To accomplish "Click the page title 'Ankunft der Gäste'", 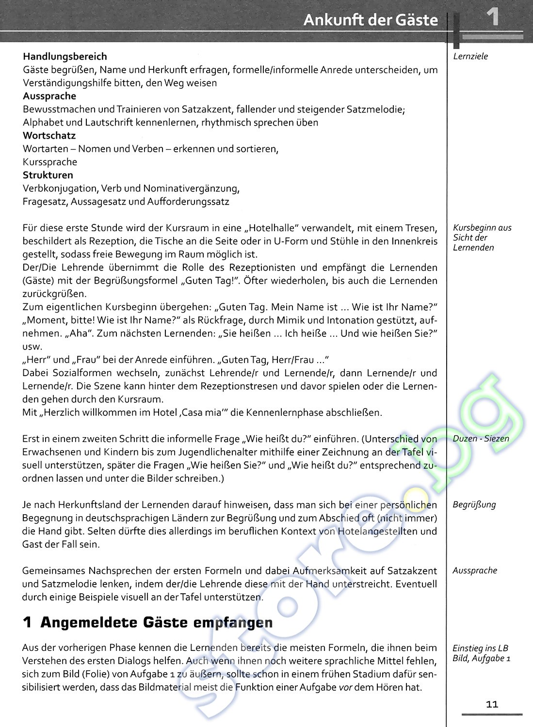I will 371,20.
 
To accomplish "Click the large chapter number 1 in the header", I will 492,18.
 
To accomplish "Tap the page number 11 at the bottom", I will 492,704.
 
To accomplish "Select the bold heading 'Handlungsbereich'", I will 65,57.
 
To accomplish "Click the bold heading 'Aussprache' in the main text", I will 49,96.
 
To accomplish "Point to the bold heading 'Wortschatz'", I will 49,136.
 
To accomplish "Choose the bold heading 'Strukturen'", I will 48,175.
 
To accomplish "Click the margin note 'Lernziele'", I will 470,56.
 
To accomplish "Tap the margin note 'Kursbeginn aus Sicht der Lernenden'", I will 482,237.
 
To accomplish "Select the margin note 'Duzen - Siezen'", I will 481,439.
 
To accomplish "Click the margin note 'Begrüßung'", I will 474,505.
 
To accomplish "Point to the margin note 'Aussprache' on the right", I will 475,570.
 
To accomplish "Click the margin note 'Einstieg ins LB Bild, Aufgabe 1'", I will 481,653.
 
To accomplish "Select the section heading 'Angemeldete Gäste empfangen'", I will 156,623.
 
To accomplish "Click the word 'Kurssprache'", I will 50,162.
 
